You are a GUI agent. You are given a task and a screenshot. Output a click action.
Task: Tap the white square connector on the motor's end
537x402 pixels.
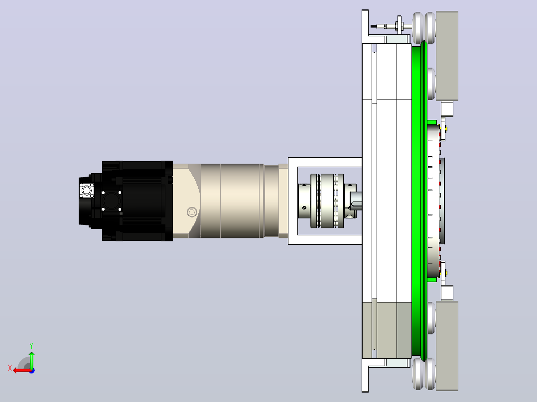[86, 190]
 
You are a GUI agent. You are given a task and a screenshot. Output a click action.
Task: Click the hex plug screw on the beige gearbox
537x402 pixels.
[192, 212]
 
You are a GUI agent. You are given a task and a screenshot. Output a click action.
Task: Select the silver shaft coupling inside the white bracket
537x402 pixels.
[327, 201]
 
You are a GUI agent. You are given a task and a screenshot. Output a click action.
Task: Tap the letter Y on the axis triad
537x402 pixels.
[31, 346]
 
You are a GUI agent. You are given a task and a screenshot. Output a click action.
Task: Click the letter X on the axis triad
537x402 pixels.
[10, 368]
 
